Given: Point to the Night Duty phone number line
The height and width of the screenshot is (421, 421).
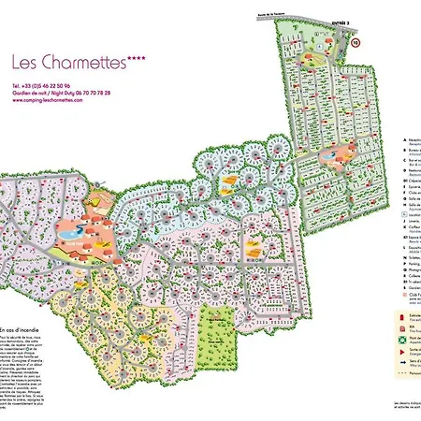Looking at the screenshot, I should pyautogui.click(x=61, y=94).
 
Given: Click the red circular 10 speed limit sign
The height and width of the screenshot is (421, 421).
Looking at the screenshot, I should pyautogui.click(x=356, y=43).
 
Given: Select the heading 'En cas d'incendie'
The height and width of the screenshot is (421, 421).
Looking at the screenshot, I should pyautogui.click(x=21, y=329).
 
